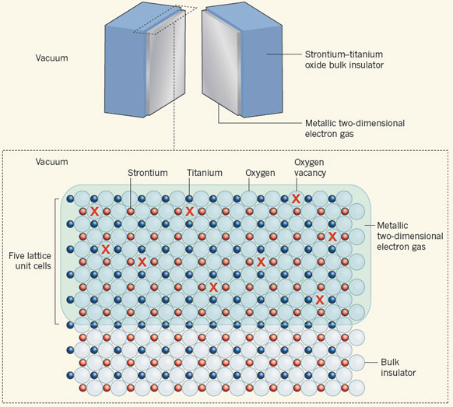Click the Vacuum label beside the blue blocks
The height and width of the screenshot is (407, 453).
(51, 58)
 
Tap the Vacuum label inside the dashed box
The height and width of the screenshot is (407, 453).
(51, 161)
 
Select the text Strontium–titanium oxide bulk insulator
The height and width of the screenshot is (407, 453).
(344, 59)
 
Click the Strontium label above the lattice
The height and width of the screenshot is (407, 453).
(148, 173)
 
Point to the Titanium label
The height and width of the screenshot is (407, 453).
(205, 173)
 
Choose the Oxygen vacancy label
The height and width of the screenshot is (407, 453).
(310, 167)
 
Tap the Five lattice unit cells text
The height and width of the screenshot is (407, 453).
(30, 261)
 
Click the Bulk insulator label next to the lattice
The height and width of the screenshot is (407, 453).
(398, 367)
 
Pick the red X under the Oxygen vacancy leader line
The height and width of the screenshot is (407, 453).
(296, 198)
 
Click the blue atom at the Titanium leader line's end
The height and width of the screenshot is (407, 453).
(189, 198)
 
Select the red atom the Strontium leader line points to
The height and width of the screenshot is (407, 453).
(131, 211)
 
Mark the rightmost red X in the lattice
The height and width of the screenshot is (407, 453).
(332, 237)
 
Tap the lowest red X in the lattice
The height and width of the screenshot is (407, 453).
(320, 300)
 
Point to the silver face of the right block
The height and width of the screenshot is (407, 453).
(220, 64)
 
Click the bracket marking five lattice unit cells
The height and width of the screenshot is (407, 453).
(55, 261)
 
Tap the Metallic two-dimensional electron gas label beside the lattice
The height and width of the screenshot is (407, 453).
(409, 236)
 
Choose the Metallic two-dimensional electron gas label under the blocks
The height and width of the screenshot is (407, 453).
(355, 128)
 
